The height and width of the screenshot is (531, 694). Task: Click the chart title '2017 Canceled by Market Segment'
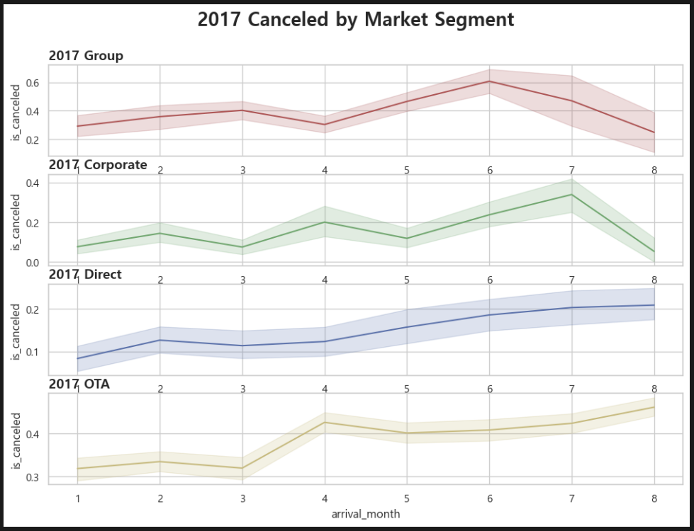pyautogui.click(x=355, y=20)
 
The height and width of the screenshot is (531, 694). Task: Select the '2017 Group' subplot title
pyautogui.click(x=86, y=56)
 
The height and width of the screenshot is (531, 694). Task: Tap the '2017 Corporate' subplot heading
pyautogui.click(x=98, y=165)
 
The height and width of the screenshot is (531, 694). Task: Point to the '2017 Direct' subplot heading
pyautogui.click(x=85, y=275)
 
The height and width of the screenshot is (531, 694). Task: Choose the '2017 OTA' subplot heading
pyautogui.click(x=79, y=384)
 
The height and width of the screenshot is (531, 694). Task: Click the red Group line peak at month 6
pyautogui.click(x=489, y=81)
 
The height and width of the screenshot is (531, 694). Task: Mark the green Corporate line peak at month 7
pyautogui.click(x=571, y=195)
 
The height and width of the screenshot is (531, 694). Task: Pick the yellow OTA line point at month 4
pyautogui.click(x=325, y=423)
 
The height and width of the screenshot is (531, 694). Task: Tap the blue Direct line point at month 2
pyautogui.click(x=160, y=341)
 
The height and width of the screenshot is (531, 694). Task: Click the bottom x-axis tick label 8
pyautogui.click(x=654, y=498)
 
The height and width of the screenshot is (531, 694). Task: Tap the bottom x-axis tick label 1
pyautogui.click(x=78, y=498)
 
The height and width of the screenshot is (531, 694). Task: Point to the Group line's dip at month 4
pyautogui.click(x=325, y=125)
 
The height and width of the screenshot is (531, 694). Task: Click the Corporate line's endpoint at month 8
pyautogui.click(x=654, y=252)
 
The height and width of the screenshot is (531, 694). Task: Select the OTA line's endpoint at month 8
pyautogui.click(x=654, y=407)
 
